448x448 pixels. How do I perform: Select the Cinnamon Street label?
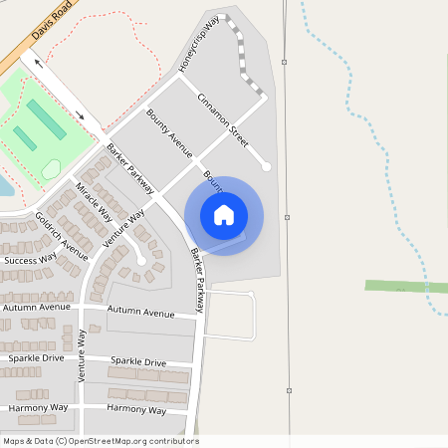(222, 114)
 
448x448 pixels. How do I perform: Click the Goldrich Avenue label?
(62, 231)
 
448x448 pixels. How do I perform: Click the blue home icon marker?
(224, 215)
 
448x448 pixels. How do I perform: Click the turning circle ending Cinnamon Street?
(266, 166)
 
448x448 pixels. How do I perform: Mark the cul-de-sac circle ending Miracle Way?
(141, 261)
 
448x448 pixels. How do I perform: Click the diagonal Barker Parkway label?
(130, 168)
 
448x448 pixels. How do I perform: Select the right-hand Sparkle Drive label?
(138, 361)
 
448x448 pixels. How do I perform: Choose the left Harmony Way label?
(38, 408)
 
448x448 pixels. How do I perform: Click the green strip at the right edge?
(405, 286)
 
